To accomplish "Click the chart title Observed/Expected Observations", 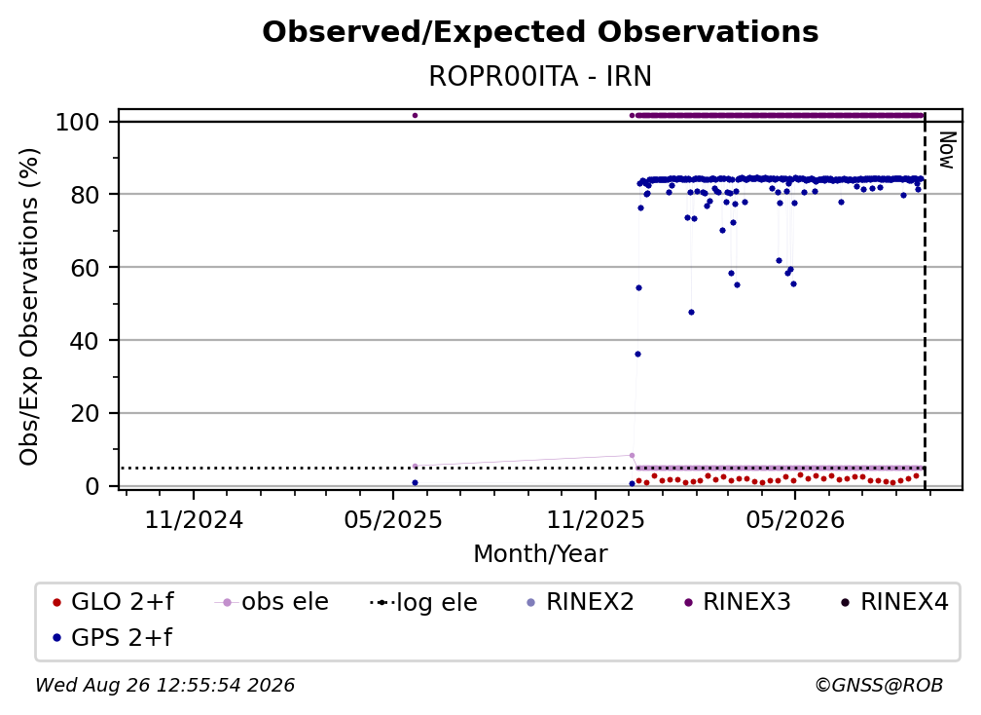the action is click(540, 32).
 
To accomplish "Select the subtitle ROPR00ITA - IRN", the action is click(540, 76).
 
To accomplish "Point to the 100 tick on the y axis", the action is click(78, 122).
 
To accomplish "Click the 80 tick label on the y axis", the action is click(85, 195).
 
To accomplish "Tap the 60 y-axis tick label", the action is click(85, 267).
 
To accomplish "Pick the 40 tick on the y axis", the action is click(85, 341).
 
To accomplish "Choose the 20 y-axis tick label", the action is click(85, 413).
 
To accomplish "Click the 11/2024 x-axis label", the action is click(194, 519).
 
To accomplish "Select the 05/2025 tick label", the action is click(393, 519).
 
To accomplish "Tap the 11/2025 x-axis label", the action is click(596, 519).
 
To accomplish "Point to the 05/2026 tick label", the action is click(794, 519).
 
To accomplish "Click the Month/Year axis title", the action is click(540, 554).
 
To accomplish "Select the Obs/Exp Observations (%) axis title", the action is click(29, 306).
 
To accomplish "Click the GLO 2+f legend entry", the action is click(114, 602).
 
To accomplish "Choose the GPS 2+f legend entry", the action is click(113, 637).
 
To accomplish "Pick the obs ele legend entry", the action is click(272, 602).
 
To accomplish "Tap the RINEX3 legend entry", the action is click(737, 602).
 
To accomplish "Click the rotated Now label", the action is click(947, 150).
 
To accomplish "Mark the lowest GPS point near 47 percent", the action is click(691, 313).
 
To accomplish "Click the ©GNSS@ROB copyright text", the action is click(879, 685).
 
